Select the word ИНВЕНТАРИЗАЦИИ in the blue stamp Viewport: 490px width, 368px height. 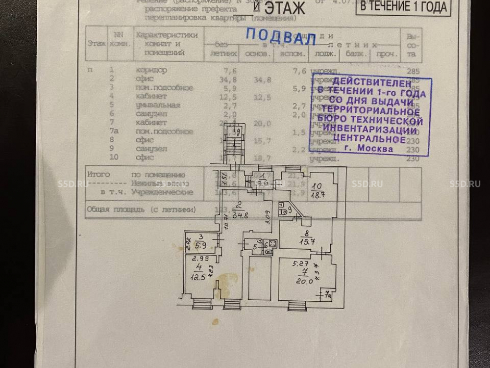pyautogui.click(x=370, y=130)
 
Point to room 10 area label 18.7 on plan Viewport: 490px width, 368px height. pyautogui.click(x=318, y=195)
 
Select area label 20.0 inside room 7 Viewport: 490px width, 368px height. pyautogui.click(x=304, y=281)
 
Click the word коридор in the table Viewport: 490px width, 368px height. pyautogui.click(x=152, y=70)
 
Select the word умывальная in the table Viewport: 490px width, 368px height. pyautogui.click(x=159, y=105)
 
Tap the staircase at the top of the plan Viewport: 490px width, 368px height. pyautogui.click(x=235, y=142)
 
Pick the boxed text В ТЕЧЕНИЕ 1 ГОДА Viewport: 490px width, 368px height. pyautogui.click(x=403, y=7)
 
